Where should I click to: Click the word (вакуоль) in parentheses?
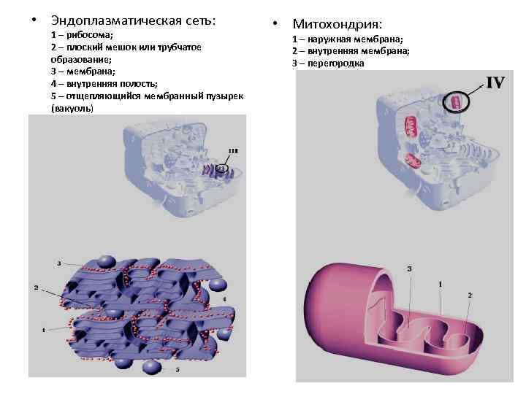tap(72, 107)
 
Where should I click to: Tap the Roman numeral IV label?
tap(495, 82)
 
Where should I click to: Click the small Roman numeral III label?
tap(232, 151)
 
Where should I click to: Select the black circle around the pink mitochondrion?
tap(457, 102)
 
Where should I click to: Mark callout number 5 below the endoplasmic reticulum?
tap(178, 370)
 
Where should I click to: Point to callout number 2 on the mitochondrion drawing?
tap(470, 295)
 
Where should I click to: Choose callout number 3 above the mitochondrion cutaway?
tap(409, 269)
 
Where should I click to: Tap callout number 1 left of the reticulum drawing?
tap(43, 330)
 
